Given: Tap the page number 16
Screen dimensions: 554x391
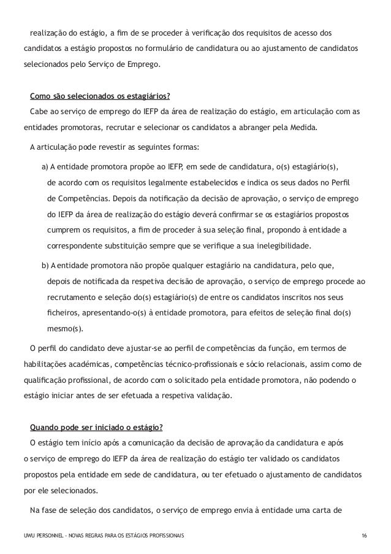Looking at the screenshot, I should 365,536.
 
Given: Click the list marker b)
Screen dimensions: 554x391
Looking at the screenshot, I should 45,265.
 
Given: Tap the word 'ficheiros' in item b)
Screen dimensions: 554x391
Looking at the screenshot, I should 62,313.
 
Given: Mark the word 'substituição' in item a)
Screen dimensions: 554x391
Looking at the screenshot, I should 154,247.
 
